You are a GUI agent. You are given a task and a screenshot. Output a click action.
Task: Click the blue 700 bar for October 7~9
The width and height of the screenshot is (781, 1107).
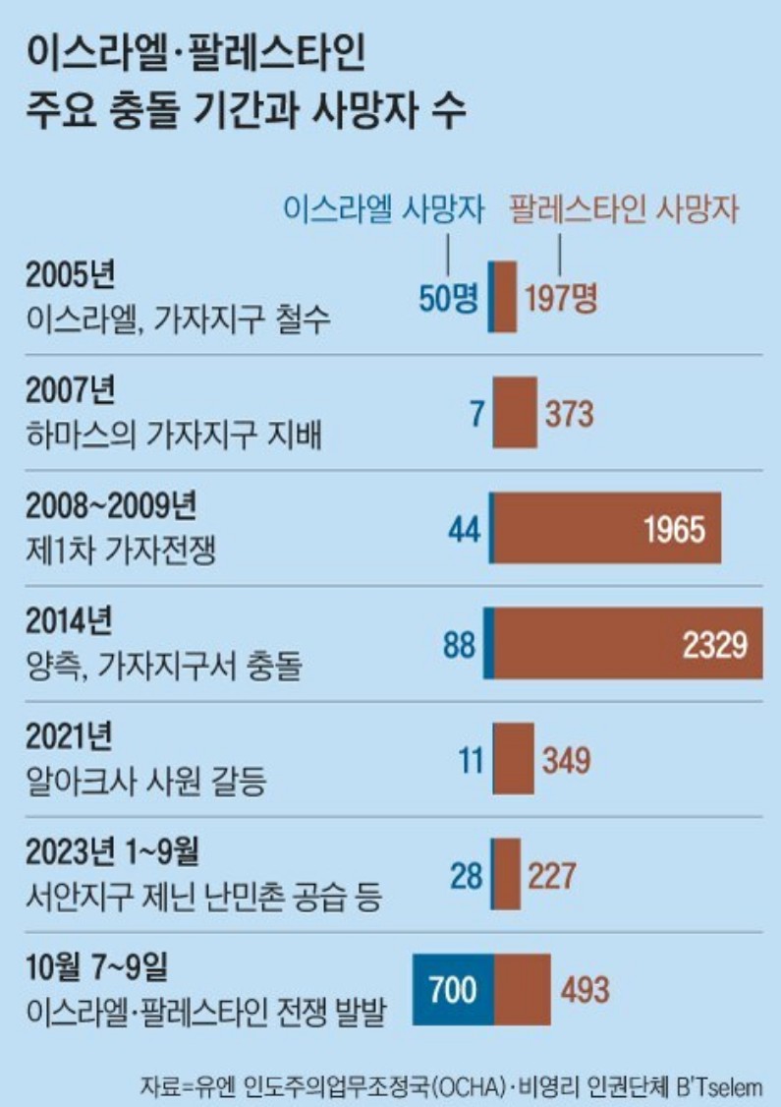click(x=453, y=988)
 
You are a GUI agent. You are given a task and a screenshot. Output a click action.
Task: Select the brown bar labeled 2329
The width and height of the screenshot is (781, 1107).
click(x=629, y=643)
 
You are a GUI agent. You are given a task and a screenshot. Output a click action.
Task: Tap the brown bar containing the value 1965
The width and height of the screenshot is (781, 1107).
click(x=607, y=529)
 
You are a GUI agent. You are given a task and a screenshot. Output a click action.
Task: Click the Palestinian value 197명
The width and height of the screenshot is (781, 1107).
click(x=560, y=299)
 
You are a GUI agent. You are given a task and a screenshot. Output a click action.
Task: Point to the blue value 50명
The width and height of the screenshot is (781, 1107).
click(x=448, y=299)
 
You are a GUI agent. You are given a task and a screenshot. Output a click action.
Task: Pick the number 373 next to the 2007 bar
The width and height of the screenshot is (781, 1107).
click(x=569, y=414)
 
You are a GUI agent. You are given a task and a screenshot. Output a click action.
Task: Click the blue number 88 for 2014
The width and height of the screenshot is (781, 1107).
click(x=459, y=645)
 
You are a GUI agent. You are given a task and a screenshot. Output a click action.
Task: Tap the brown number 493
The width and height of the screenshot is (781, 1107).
click(x=585, y=988)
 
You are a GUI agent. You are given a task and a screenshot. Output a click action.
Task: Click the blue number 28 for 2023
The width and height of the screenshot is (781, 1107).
click(x=467, y=875)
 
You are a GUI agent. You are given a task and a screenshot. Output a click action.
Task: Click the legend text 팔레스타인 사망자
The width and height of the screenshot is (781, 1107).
click(x=623, y=211)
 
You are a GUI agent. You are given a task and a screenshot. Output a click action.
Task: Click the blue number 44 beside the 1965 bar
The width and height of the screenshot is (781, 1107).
click(x=463, y=530)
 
